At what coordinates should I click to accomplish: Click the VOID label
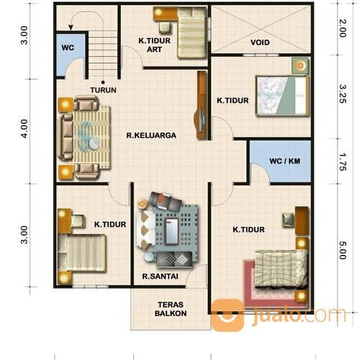260,42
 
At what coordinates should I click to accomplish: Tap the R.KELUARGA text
151,135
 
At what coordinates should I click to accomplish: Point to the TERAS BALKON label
171,309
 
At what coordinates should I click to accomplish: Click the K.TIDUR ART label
155,45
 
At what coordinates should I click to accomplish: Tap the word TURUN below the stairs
104,90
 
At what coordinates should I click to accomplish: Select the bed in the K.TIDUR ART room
191,32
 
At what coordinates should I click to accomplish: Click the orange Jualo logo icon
227,315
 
